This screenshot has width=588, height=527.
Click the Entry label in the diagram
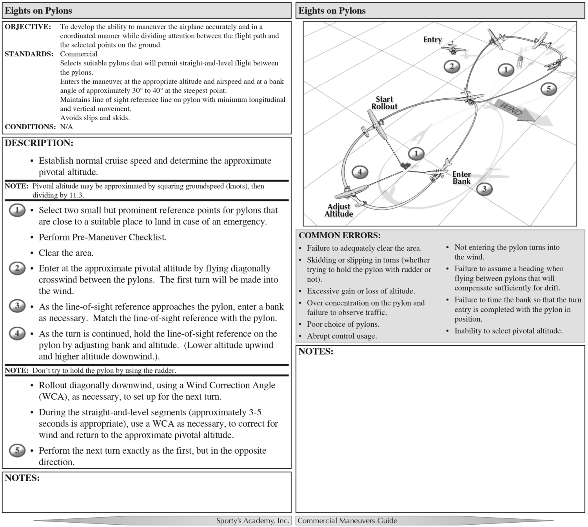(432, 40)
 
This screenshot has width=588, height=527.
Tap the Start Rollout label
(384, 103)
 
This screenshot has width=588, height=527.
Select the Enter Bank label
(461, 177)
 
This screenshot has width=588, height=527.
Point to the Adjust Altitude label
(339, 210)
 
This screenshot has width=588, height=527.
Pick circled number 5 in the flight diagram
(548, 89)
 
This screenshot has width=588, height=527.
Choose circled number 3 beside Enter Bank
(484, 189)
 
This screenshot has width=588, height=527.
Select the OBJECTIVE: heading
(28, 27)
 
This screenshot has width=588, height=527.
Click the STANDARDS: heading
(29, 54)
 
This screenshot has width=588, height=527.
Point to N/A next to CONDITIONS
(66, 127)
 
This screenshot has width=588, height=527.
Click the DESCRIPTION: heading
(39, 143)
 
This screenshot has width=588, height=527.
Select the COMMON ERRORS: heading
(339, 235)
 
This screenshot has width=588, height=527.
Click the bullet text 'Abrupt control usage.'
(342, 336)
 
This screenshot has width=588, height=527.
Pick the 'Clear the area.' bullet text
(66, 253)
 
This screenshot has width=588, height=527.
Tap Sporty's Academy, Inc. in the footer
(252, 521)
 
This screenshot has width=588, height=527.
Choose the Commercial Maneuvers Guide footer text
(347, 521)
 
